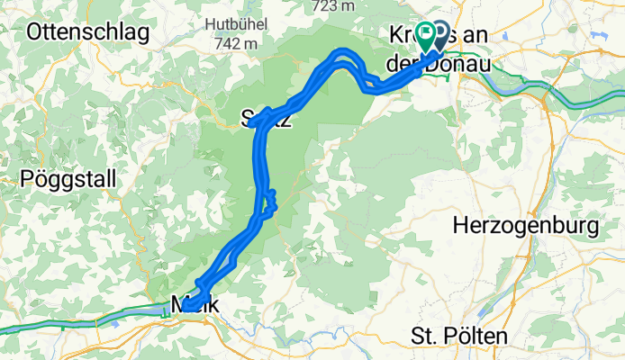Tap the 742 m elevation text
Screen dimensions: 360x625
(x=238, y=42)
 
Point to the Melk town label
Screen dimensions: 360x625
(x=194, y=305)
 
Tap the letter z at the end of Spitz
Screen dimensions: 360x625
(x=287, y=121)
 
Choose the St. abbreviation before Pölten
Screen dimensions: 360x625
(x=422, y=337)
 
